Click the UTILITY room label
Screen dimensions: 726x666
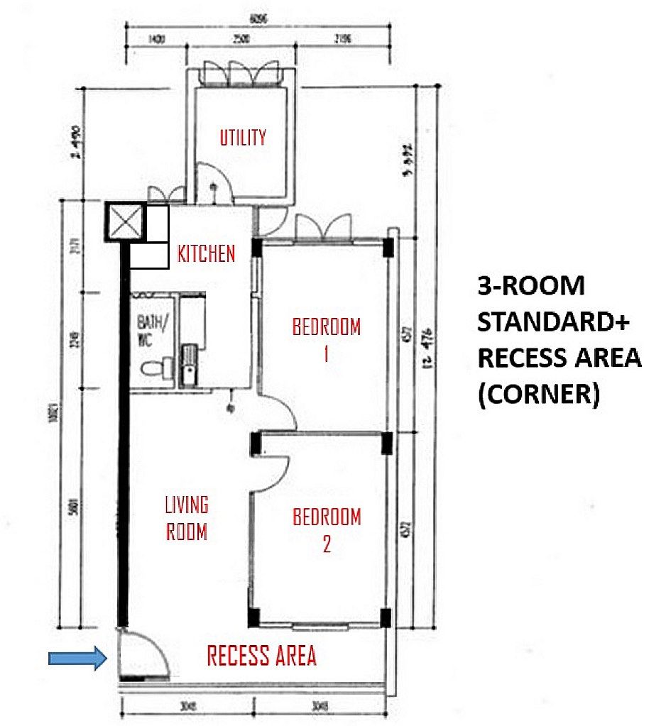point(243,137)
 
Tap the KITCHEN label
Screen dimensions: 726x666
point(206,254)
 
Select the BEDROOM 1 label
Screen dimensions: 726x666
point(326,339)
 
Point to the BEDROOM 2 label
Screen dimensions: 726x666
point(327,529)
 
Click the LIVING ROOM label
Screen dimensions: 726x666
point(187,518)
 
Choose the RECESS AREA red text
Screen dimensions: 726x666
point(261,656)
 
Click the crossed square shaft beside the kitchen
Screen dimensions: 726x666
point(125,221)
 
